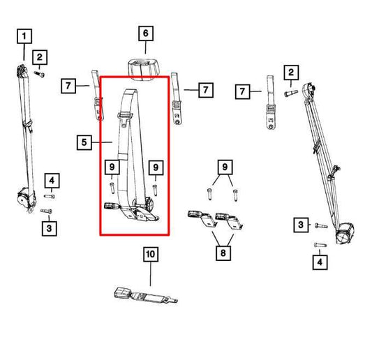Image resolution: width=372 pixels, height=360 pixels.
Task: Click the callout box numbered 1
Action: pyautogui.click(x=24, y=35)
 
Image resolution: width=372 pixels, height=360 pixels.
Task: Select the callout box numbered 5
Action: pyautogui.click(x=84, y=143)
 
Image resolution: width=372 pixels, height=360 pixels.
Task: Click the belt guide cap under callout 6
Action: pyautogui.click(x=144, y=68)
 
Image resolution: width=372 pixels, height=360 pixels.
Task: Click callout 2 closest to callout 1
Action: pyautogui.click(x=40, y=57)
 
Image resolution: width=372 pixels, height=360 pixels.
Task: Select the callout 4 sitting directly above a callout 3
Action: pyautogui.click(x=50, y=181)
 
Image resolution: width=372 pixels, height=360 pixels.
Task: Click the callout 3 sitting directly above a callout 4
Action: pyautogui.click(x=299, y=224)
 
